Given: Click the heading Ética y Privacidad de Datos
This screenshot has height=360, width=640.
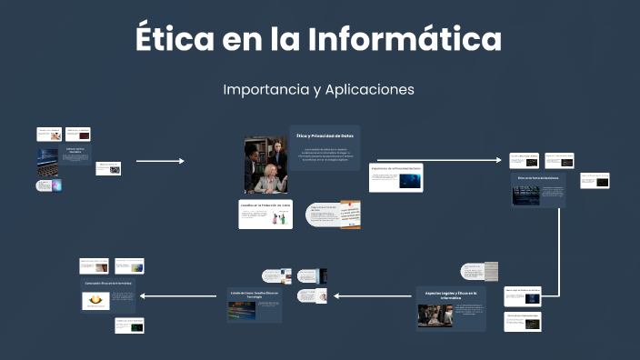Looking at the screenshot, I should coord(325,135).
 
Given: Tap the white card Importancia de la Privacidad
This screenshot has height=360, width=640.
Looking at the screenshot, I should coord(395,177).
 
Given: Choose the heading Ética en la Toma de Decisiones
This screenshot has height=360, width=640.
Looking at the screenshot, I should coord(538,178).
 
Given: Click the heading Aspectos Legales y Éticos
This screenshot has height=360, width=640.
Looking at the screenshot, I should coord(451,295).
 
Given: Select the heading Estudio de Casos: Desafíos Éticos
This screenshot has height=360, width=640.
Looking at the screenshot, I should coord(254,295).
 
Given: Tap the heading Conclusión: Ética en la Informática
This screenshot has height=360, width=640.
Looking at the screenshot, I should coord(108,284).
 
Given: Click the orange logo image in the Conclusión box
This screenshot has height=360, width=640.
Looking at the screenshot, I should coord(95,300).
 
